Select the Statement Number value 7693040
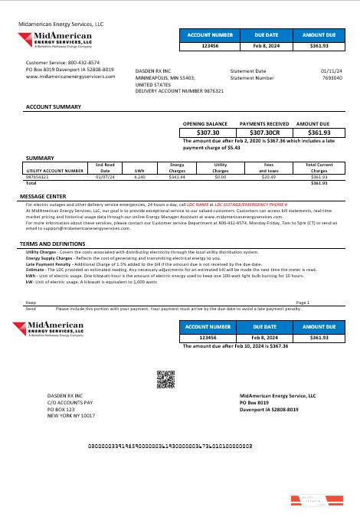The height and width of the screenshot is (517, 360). coord(332,77)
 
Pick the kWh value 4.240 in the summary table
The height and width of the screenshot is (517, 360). coord(139,177)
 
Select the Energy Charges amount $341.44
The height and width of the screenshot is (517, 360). coord(177,177)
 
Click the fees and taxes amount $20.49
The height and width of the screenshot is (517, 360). coord(268,177)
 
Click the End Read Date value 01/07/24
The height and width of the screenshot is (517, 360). coord(105,177)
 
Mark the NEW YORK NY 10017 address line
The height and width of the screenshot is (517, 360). coord(71,416)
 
